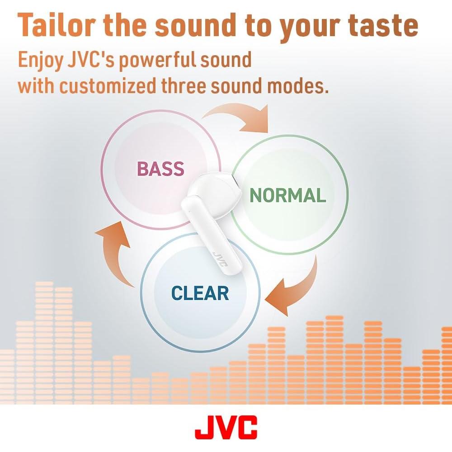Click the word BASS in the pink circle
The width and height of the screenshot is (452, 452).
160,169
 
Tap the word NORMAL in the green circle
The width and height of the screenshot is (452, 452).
288,195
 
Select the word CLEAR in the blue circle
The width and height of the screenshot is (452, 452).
200,293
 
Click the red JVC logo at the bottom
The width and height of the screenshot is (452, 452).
226,427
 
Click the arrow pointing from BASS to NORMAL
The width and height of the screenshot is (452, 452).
240,117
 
